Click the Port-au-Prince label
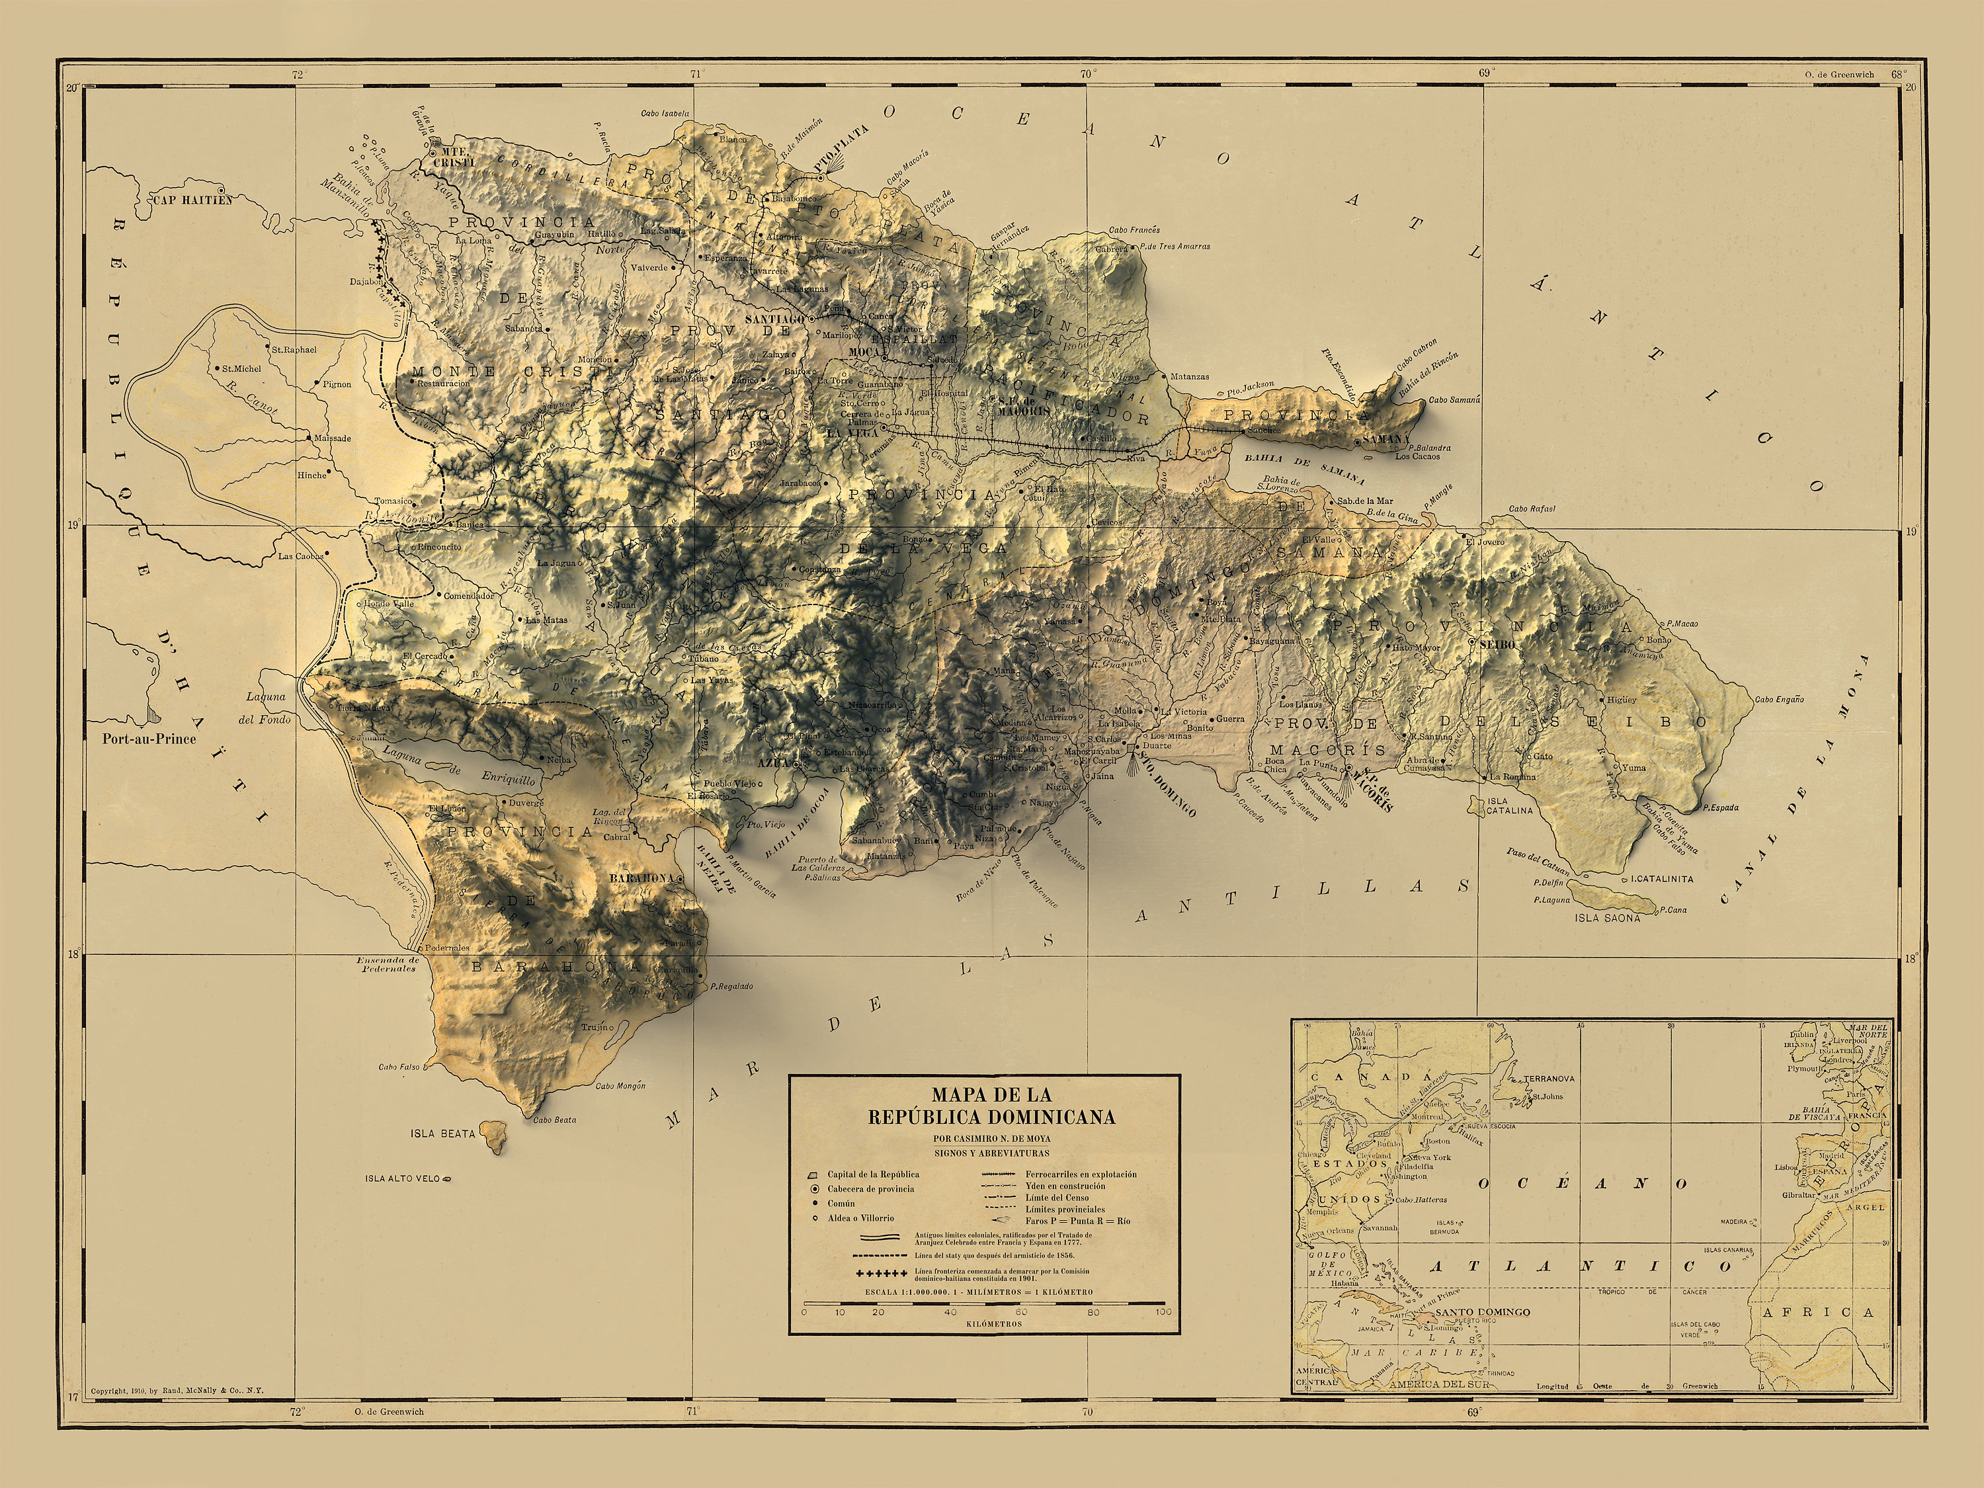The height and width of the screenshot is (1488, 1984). (148, 740)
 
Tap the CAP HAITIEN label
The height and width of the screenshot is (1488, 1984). (192, 200)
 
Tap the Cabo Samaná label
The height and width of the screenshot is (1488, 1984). (1454, 400)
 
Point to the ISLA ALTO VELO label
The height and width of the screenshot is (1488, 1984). (403, 1178)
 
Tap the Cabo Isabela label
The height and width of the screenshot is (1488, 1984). (665, 114)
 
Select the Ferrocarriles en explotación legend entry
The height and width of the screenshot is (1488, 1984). (1081, 1174)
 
